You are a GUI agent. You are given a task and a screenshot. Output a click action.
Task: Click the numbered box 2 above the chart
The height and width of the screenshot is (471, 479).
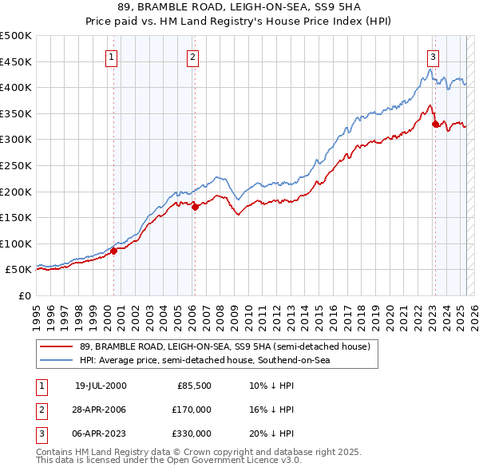pyautogui.click(x=193, y=57)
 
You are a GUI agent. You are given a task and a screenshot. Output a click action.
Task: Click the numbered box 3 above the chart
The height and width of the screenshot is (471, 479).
pyautogui.click(x=432, y=57)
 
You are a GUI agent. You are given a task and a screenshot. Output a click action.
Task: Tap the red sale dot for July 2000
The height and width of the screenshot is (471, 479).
pyautogui.click(x=114, y=251)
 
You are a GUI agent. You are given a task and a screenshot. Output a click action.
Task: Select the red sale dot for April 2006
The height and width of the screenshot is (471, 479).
pyautogui.click(x=195, y=207)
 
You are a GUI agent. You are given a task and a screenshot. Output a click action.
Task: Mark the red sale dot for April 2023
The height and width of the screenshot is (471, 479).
pyautogui.click(x=435, y=124)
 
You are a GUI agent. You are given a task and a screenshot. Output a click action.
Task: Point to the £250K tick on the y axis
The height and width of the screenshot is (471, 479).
pyautogui.click(x=17, y=165)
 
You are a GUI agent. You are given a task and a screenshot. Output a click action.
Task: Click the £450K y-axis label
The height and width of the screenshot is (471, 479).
pyautogui.click(x=17, y=61)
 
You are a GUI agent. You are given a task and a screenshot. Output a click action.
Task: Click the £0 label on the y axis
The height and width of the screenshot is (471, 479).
pyautogui.click(x=25, y=295)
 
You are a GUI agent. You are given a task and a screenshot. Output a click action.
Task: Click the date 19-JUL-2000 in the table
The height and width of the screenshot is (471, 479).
pyautogui.click(x=101, y=386)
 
